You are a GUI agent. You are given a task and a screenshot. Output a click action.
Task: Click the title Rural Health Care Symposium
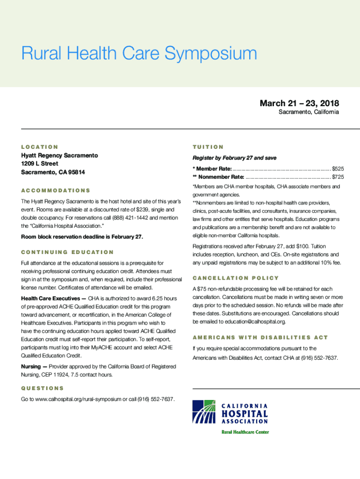click(139, 54)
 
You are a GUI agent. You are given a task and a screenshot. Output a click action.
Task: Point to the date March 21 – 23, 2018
click(299, 103)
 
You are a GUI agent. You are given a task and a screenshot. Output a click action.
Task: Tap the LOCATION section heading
click(40, 147)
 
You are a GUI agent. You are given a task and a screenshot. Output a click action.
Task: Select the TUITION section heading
click(208, 147)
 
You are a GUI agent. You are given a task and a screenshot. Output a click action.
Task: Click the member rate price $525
click(338, 168)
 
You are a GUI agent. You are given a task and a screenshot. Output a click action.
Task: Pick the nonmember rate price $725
click(338, 177)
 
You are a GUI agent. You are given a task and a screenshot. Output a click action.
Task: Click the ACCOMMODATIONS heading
click(56, 190)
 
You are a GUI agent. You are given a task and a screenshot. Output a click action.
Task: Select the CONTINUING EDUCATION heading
click(67, 252)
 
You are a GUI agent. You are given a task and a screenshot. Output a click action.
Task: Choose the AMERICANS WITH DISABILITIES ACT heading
click(260, 337)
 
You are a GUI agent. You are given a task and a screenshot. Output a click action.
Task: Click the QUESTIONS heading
click(43, 388)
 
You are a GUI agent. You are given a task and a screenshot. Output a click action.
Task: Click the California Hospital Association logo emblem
click(204, 412)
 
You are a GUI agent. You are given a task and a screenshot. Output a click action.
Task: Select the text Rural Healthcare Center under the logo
click(245, 432)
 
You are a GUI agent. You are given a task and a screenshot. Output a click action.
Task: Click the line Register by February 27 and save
click(230, 158)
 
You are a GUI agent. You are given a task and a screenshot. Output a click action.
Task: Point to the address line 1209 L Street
click(40, 164)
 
